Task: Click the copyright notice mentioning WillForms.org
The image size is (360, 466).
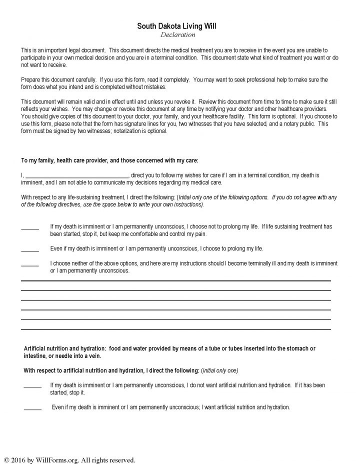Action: click(69, 459)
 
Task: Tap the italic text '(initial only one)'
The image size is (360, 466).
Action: click(219, 370)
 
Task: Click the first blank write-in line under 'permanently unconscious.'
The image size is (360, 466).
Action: click(175, 281)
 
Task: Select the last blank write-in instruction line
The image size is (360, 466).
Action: click(175, 329)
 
